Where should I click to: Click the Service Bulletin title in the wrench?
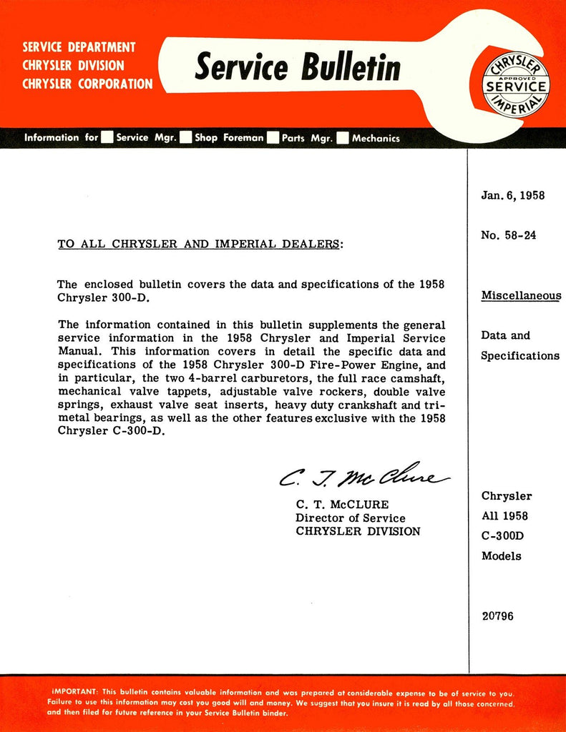coord(297,68)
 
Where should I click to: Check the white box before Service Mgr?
coord(107,138)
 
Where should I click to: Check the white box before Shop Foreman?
coord(185,138)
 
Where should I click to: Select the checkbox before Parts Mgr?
coord(273,138)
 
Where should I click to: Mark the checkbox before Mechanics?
coord(343,138)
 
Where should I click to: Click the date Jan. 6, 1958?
coord(513,195)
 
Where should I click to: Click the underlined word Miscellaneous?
coord(521,295)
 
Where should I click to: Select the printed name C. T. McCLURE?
coord(342,505)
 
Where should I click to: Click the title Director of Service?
coord(350,518)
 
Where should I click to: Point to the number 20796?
coord(497,616)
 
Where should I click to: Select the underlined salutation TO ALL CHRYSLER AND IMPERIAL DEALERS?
coord(200,244)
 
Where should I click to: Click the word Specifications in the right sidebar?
coord(519,355)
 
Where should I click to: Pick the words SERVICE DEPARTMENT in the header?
coord(79,47)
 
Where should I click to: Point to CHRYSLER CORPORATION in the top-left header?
coord(87,84)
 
